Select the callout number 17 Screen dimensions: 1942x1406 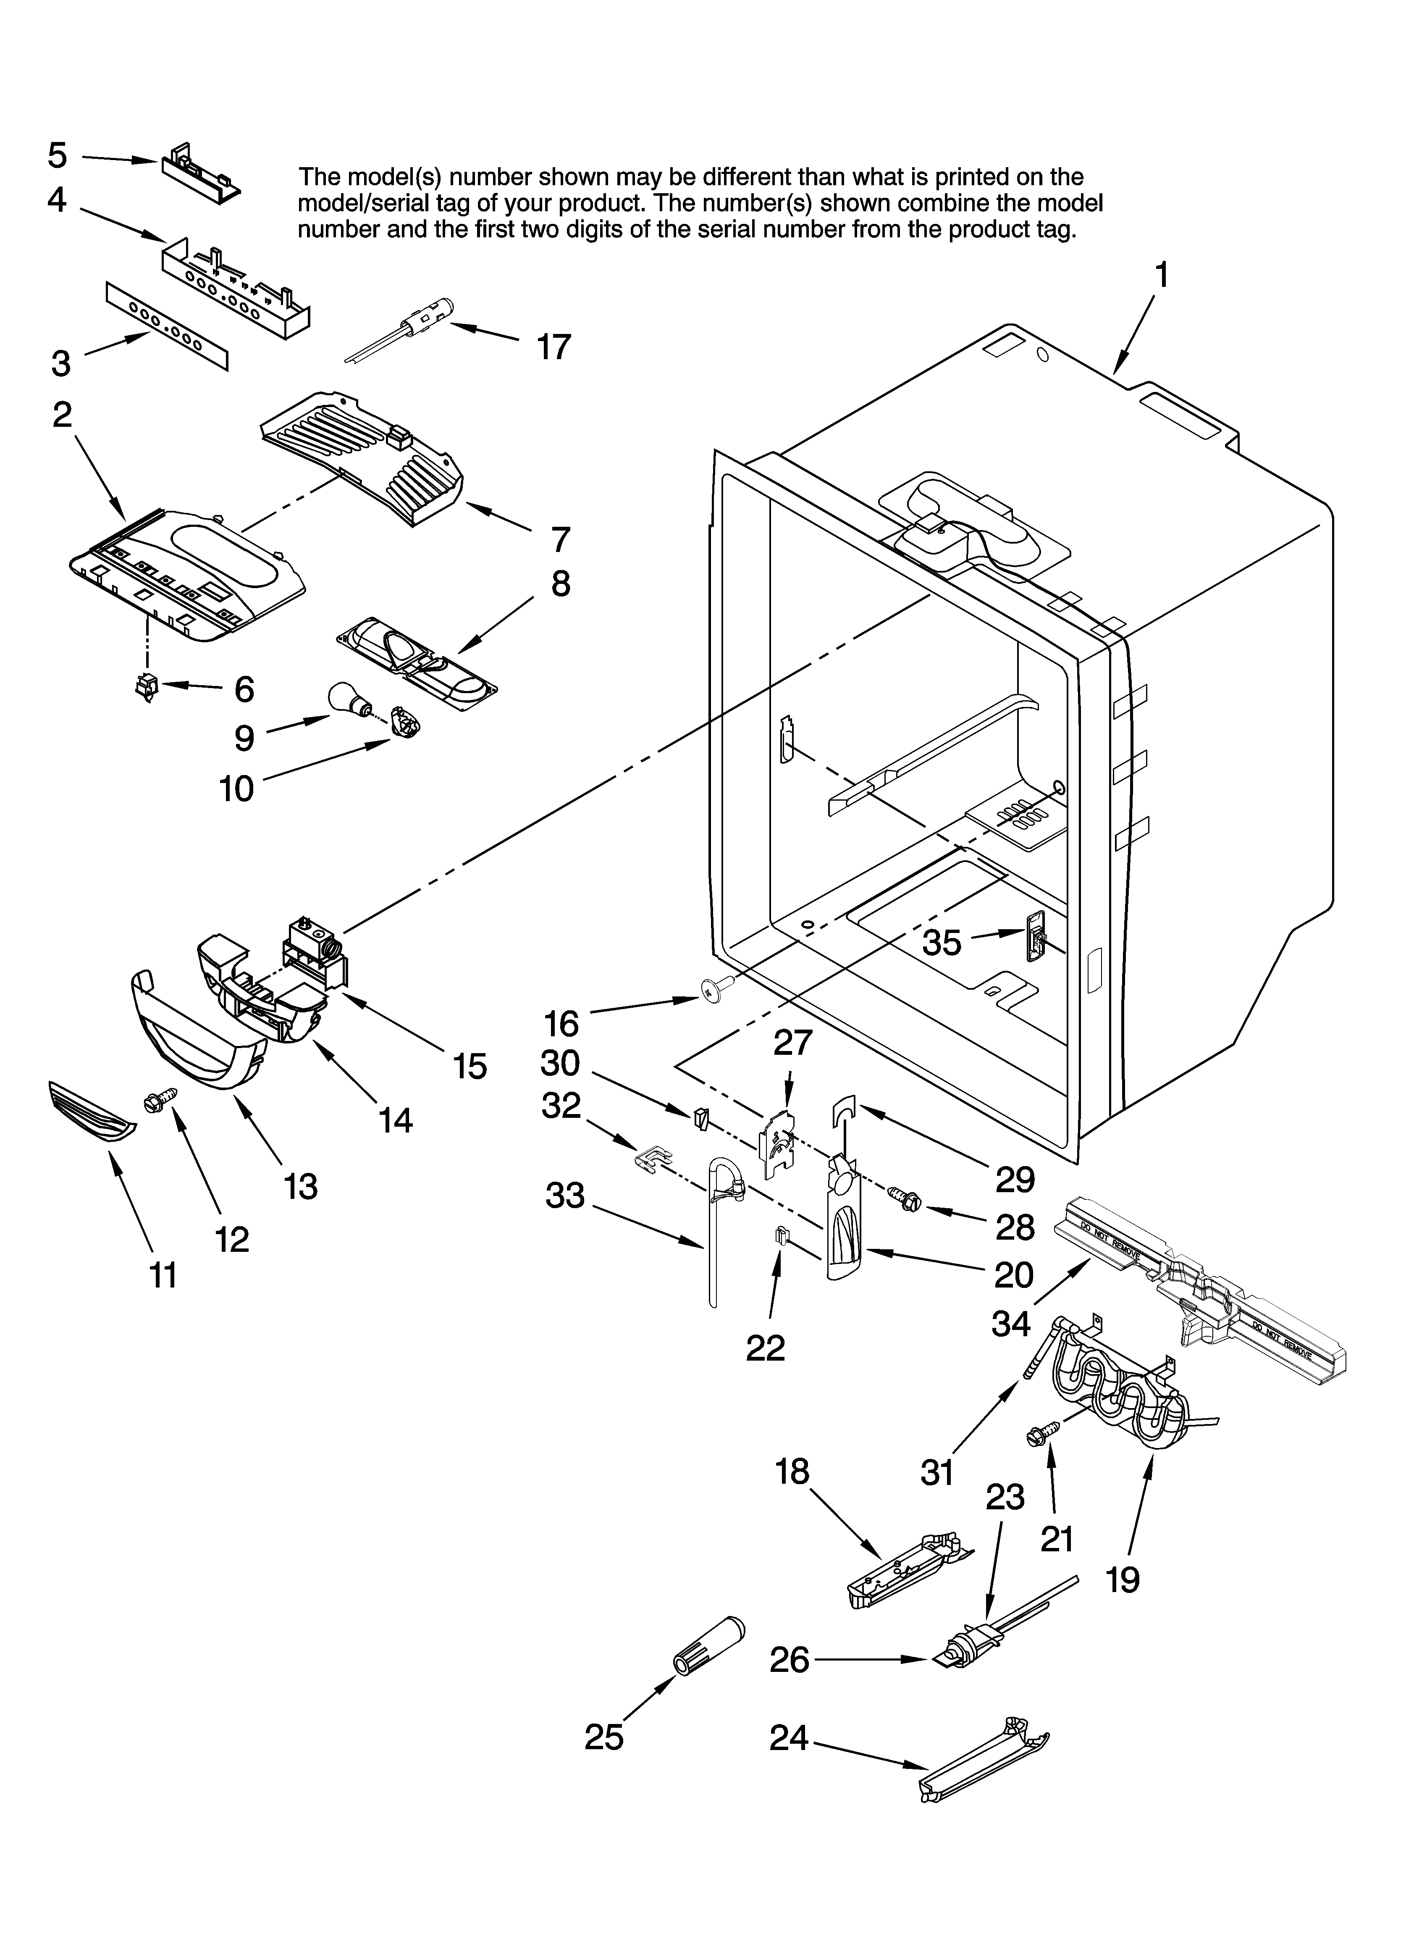(553, 347)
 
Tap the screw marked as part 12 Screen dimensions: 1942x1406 (162, 1100)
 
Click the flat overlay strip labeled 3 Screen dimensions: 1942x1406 (167, 327)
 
